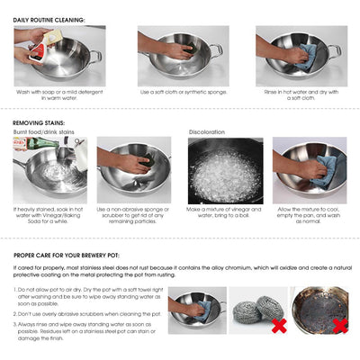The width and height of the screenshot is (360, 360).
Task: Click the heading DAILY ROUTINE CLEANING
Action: click(x=49, y=19)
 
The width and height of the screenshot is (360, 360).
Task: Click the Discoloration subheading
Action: click(x=206, y=132)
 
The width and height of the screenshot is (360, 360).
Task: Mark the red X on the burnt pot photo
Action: click(x=339, y=325)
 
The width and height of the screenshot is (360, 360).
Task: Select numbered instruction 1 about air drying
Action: click(x=86, y=295)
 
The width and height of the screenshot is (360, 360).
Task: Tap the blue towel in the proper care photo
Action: click(x=203, y=310)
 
